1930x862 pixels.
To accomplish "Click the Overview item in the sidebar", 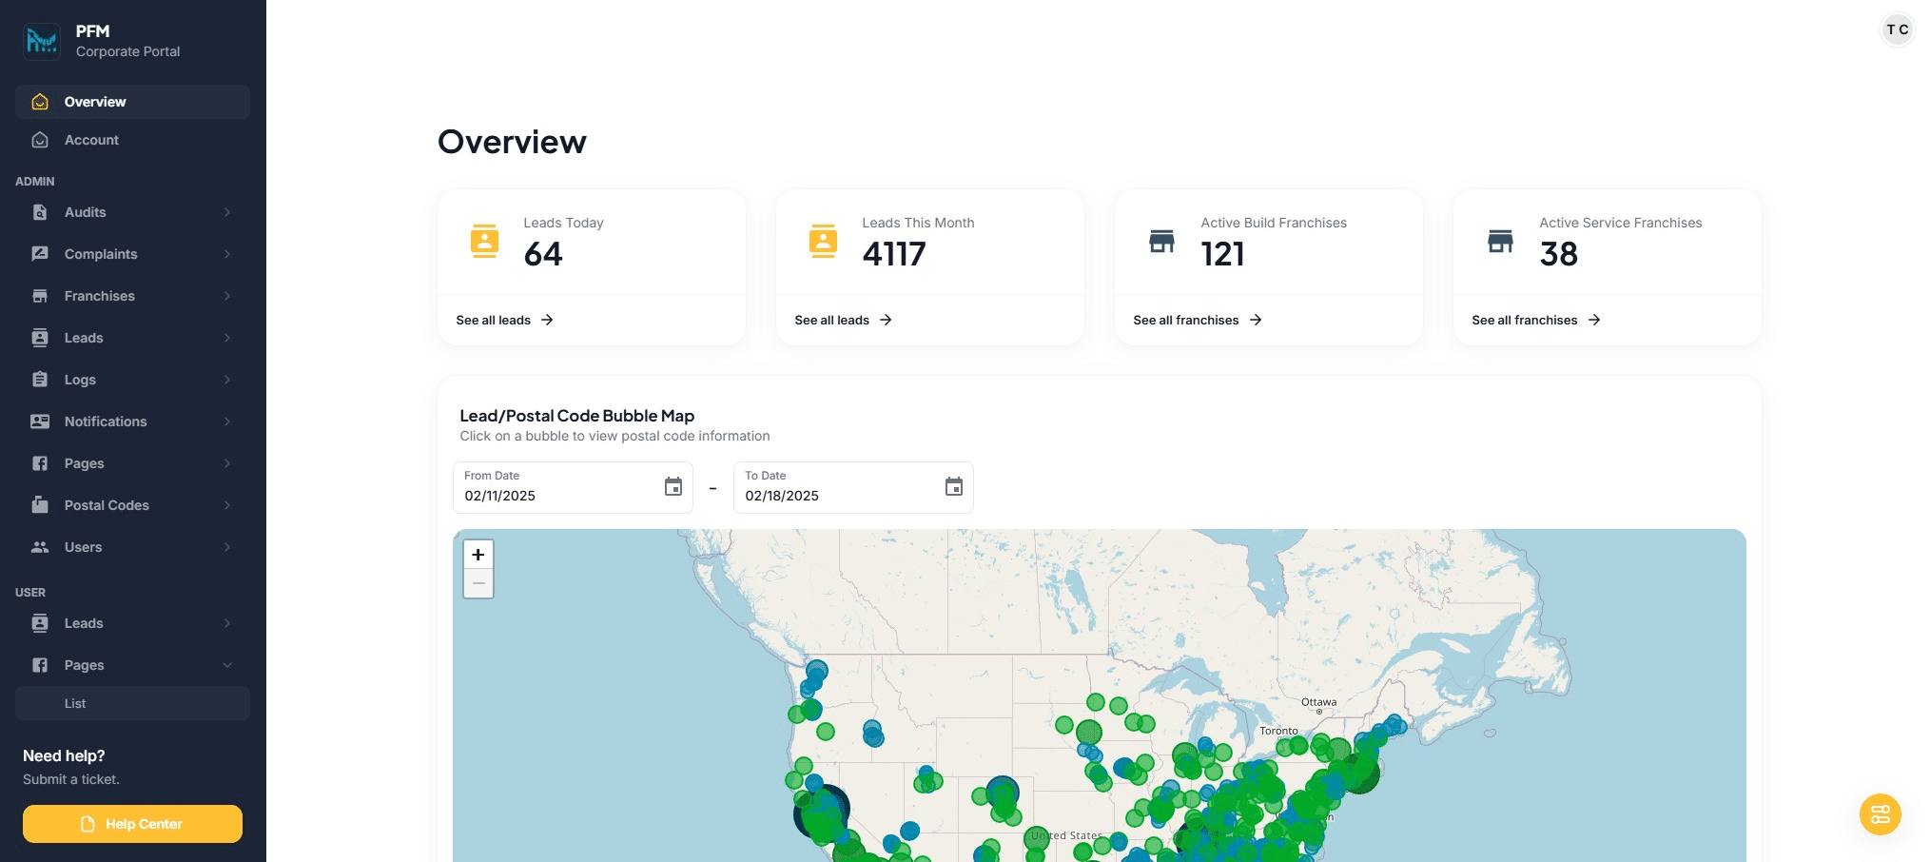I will coord(95,102).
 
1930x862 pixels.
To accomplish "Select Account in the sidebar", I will coord(91,140).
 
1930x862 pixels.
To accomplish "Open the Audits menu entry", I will coord(86,212).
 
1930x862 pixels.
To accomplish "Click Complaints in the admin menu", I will coord(101,254).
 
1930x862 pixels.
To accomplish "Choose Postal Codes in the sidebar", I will coord(107,505).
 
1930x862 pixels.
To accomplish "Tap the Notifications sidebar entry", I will coord(106,421).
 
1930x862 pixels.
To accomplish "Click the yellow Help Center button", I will coord(132,824).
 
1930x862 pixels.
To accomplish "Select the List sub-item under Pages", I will coord(75,703).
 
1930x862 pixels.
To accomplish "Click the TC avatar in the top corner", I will coord(1897,29).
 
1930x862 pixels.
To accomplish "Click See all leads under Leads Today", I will coord(504,320).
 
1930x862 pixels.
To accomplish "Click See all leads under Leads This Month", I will coord(843,320).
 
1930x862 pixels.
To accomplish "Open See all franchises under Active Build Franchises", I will coord(1197,320).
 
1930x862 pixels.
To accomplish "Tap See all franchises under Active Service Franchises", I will coord(1535,320).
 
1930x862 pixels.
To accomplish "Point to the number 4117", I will coord(893,254).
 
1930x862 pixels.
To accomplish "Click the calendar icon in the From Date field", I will coord(673,487).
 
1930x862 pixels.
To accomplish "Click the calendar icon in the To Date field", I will coord(954,487).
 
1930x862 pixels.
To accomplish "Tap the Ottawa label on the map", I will coord(1318,702).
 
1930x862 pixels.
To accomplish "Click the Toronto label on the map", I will coord(1278,731).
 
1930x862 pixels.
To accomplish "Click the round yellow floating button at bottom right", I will coord(1880,814).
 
